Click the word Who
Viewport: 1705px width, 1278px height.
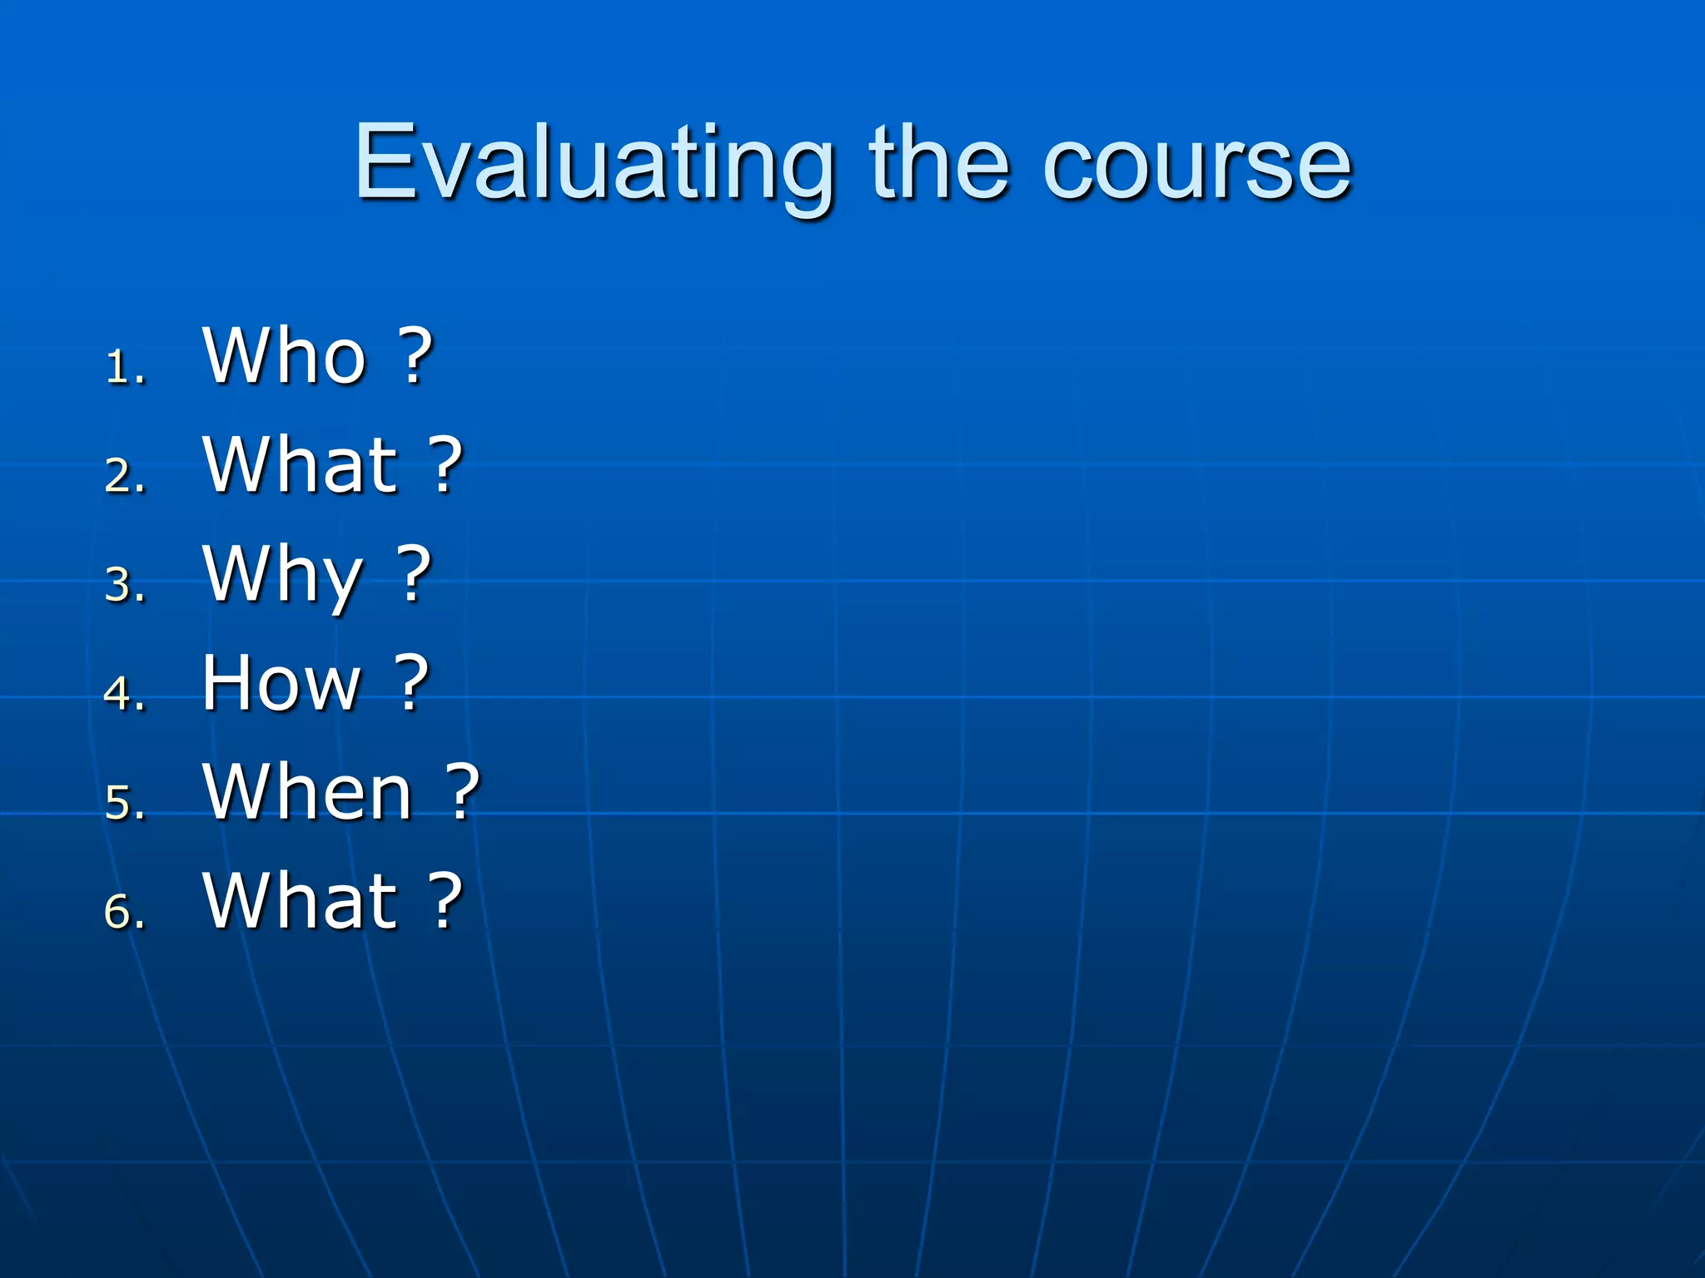click(285, 355)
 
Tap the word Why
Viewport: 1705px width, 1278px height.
click(283, 576)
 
